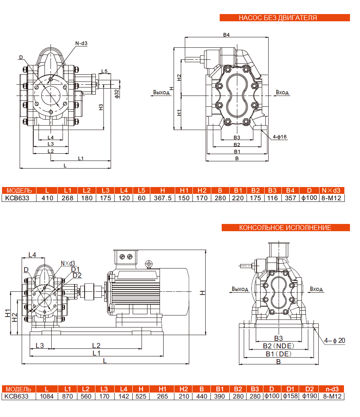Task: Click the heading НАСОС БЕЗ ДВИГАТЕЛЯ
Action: pyautogui.click(x=284, y=18)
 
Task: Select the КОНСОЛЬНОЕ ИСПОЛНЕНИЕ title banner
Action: pyautogui.click(x=285, y=228)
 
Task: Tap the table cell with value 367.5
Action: pyautogui.click(x=163, y=197)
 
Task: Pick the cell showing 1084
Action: pyautogui.click(x=47, y=396)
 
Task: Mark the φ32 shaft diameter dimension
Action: pyautogui.click(x=117, y=93)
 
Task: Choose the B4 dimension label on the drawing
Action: pyautogui.click(x=226, y=35)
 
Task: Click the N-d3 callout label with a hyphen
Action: pyautogui.click(x=81, y=43)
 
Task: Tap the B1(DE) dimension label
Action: pyautogui.click(x=278, y=354)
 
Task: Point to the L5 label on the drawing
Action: pyautogui.click(x=104, y=71)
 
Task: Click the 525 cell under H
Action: pyautogui.click(x=141, y=396)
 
